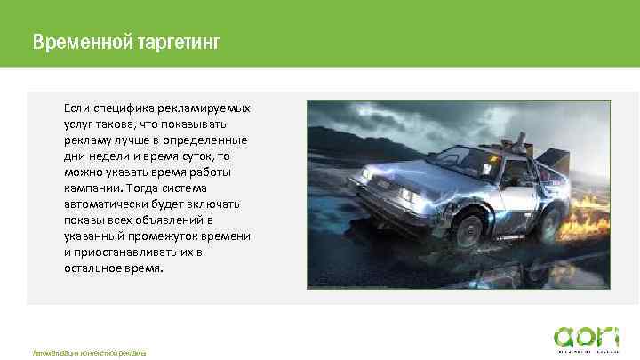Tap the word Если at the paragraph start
76,108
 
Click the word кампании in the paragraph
92,188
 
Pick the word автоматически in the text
107,204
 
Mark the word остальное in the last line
95,268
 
